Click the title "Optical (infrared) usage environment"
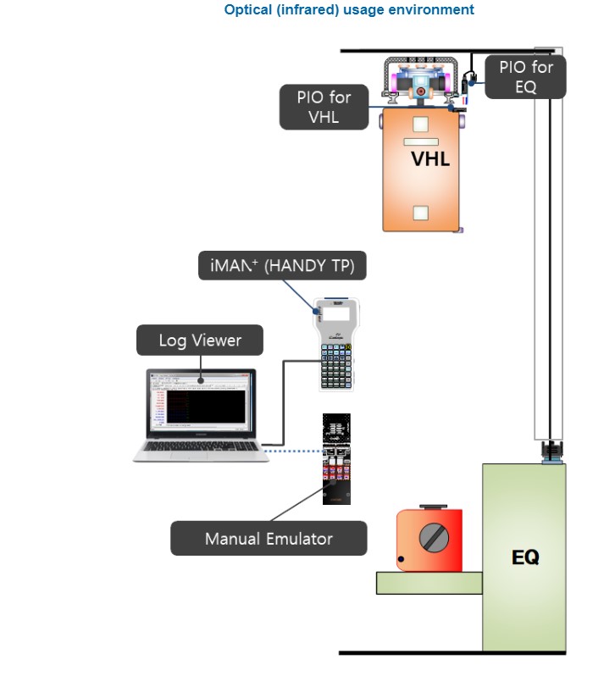tap(349, 10)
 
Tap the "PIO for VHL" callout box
tap(324, 107)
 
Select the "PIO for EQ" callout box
tap(526, 77)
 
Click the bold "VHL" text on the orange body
tap(430, 158)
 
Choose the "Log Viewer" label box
tap(200, 341)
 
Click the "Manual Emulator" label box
tap(269, 539)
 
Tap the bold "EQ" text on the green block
tap(525, 557)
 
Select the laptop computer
tap(200, 415)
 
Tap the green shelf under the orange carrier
tap(429, 583)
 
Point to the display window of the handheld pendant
tap(336, 314)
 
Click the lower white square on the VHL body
tap(420, 213)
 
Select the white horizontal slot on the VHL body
tap(420, 141)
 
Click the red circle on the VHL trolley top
tap(420, 91)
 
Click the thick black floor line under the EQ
tap(452, 653)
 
